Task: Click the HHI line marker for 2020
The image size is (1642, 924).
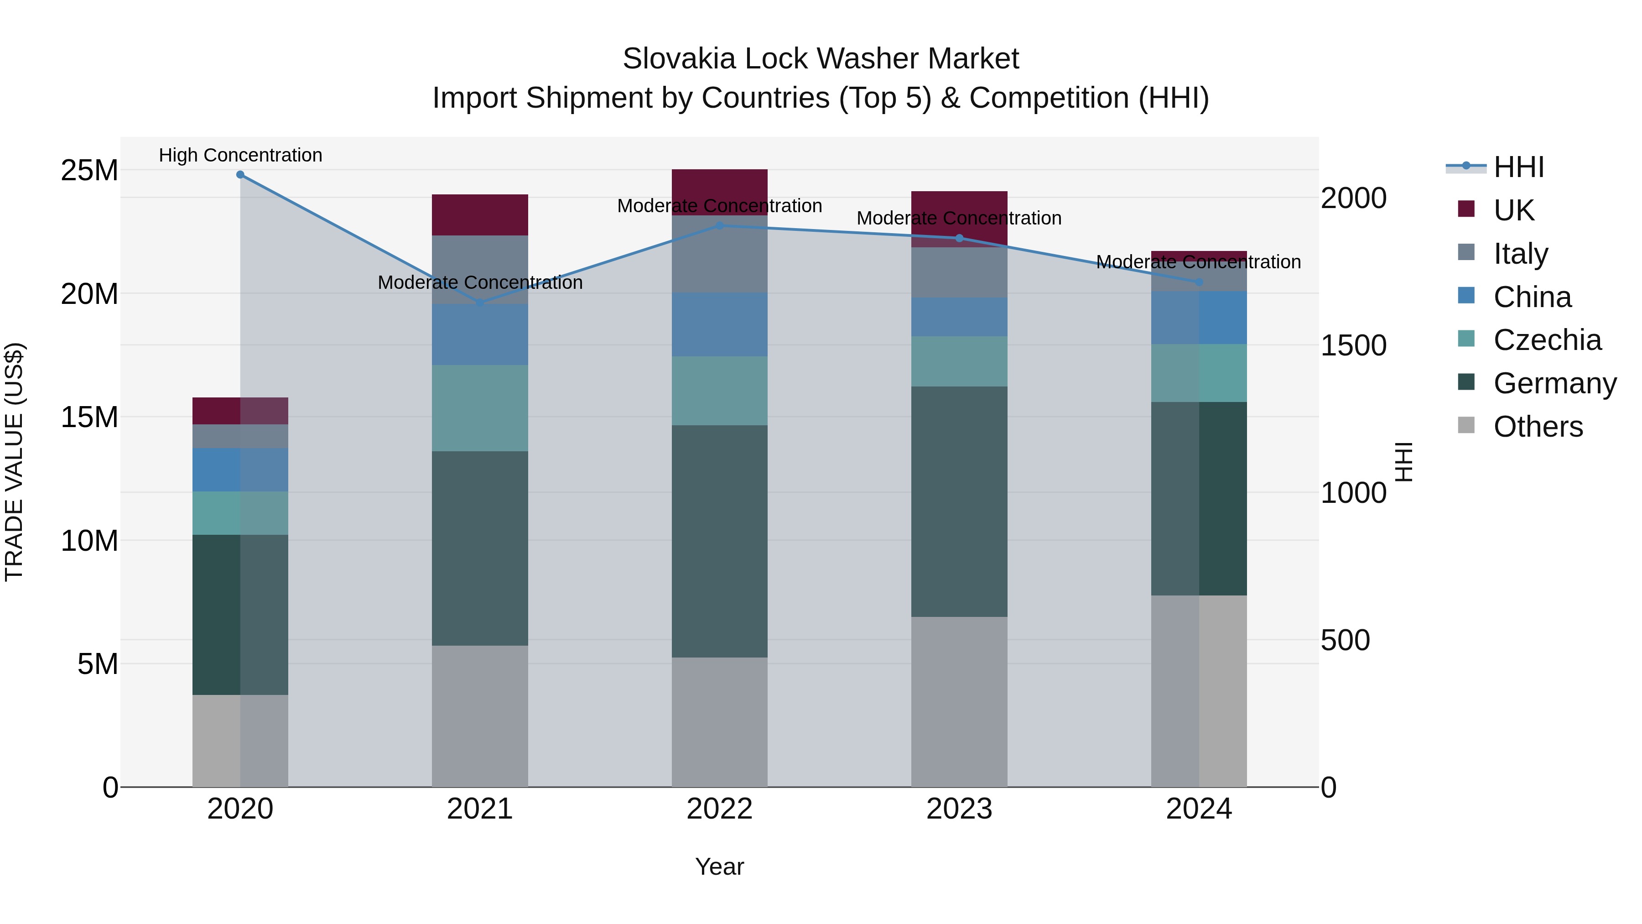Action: coord(240,175)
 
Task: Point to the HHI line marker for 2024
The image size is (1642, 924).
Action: coord(1199,282)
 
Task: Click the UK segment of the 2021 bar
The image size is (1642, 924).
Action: coord(480,215)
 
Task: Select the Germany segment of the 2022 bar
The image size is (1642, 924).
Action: coord(720,541)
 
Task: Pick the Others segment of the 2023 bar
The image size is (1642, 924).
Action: coord(959,701)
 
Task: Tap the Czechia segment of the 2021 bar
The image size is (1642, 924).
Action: coord(480,408)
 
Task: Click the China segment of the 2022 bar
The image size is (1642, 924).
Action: coord(720,324)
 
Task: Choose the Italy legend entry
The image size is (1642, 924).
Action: coord(1520,254)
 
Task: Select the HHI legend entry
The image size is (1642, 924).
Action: coord(1518,167)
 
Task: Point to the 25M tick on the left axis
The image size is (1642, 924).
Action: coord(89,170)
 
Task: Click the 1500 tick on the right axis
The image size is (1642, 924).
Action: coord(1353,345)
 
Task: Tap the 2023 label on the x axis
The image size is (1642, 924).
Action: coord(959,809)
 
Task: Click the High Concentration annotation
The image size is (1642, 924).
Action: coord(240,155)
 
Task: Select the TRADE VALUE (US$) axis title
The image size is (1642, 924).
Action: coord(14,462)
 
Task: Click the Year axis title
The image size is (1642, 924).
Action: coord(720,867)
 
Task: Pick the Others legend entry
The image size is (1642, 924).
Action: coord(1538,427)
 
